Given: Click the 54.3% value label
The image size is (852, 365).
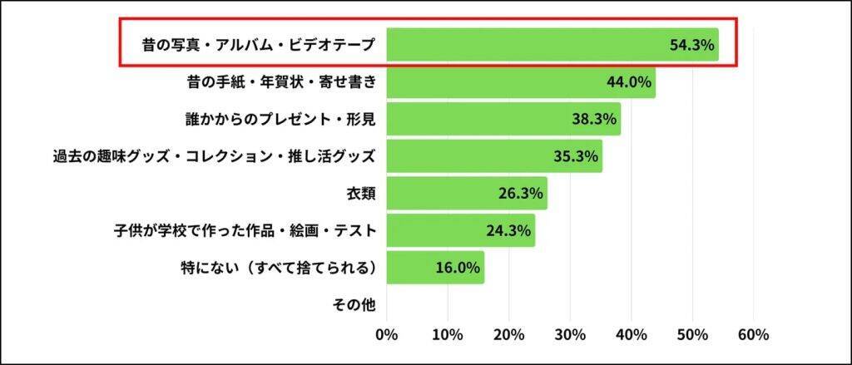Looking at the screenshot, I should [692, 45].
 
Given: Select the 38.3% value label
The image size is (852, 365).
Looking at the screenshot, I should [595, 119].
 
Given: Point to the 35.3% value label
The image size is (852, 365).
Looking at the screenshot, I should [577, 156].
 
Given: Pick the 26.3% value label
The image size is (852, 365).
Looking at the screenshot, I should [522, 194].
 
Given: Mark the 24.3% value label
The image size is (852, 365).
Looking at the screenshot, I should [509, 231].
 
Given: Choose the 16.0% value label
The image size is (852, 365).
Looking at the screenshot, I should [458, 268].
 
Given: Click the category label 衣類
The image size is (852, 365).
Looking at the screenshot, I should [361, 194].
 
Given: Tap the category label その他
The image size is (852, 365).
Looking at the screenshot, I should [354, 305].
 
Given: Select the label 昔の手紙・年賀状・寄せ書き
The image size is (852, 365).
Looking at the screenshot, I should [282, 82].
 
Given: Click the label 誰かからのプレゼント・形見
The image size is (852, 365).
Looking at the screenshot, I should [280, 119].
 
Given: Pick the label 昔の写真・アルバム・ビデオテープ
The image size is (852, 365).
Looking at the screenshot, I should [259, 45].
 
